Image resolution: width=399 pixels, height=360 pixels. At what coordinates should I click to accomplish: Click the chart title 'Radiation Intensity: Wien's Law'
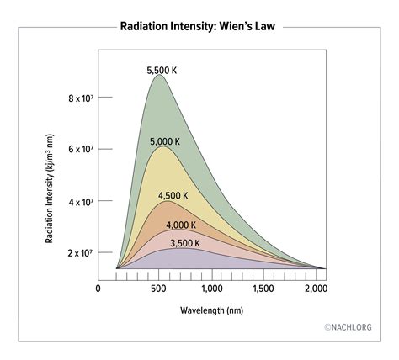(x=199, y=25)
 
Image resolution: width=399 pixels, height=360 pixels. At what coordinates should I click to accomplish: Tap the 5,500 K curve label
(x=162, y=71)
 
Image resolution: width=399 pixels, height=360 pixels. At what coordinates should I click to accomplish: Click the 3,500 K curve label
(x=185, y=243)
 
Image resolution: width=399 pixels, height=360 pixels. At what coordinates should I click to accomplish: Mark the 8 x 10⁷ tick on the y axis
(x=81, y=98)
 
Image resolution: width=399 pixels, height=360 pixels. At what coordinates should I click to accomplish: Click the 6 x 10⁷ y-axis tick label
(x=81, y=149)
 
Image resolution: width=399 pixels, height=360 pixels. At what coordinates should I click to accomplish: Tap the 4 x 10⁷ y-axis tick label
(x=81, y=202)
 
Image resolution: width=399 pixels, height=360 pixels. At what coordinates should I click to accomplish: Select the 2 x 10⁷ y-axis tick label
(x=81, y=252)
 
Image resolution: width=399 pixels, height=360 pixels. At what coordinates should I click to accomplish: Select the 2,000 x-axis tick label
(x=316, y=288)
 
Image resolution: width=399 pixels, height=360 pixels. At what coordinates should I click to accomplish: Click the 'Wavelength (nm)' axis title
(x=211, y=310)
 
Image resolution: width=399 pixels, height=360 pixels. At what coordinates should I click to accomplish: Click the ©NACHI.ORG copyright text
(x=348, y=327)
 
